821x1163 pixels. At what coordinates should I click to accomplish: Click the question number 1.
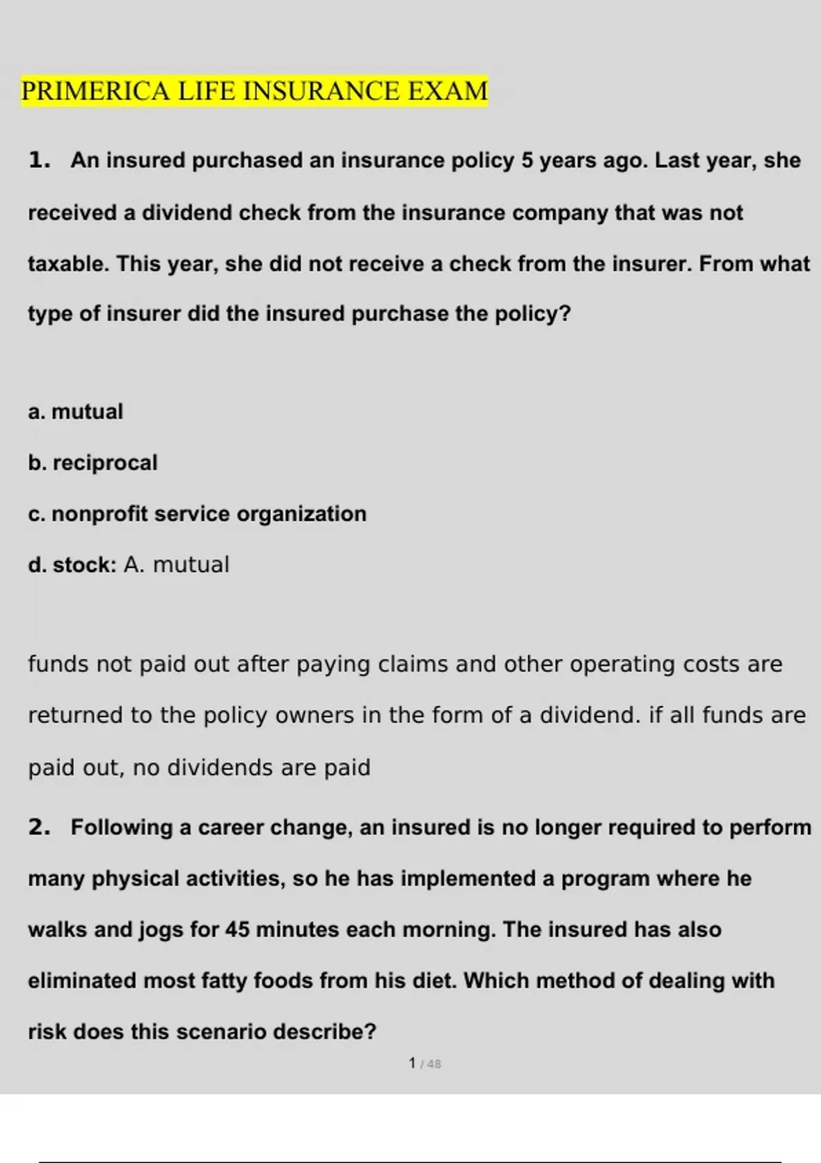point(39,160)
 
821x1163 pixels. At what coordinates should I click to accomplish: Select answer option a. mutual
point(75,412)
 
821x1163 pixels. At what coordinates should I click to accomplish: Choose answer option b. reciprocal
point(92,463)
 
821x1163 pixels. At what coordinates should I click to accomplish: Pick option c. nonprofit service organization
point(197,514)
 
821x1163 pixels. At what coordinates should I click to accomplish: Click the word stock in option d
point(82,565)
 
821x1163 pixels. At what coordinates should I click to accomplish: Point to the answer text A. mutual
point(177,565)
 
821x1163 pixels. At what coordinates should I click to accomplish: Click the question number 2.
point(39,827)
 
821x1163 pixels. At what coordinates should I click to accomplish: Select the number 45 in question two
point(237,930)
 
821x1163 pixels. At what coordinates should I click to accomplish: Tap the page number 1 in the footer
point(412,1063)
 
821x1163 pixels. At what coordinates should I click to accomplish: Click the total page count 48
point(434,1064)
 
